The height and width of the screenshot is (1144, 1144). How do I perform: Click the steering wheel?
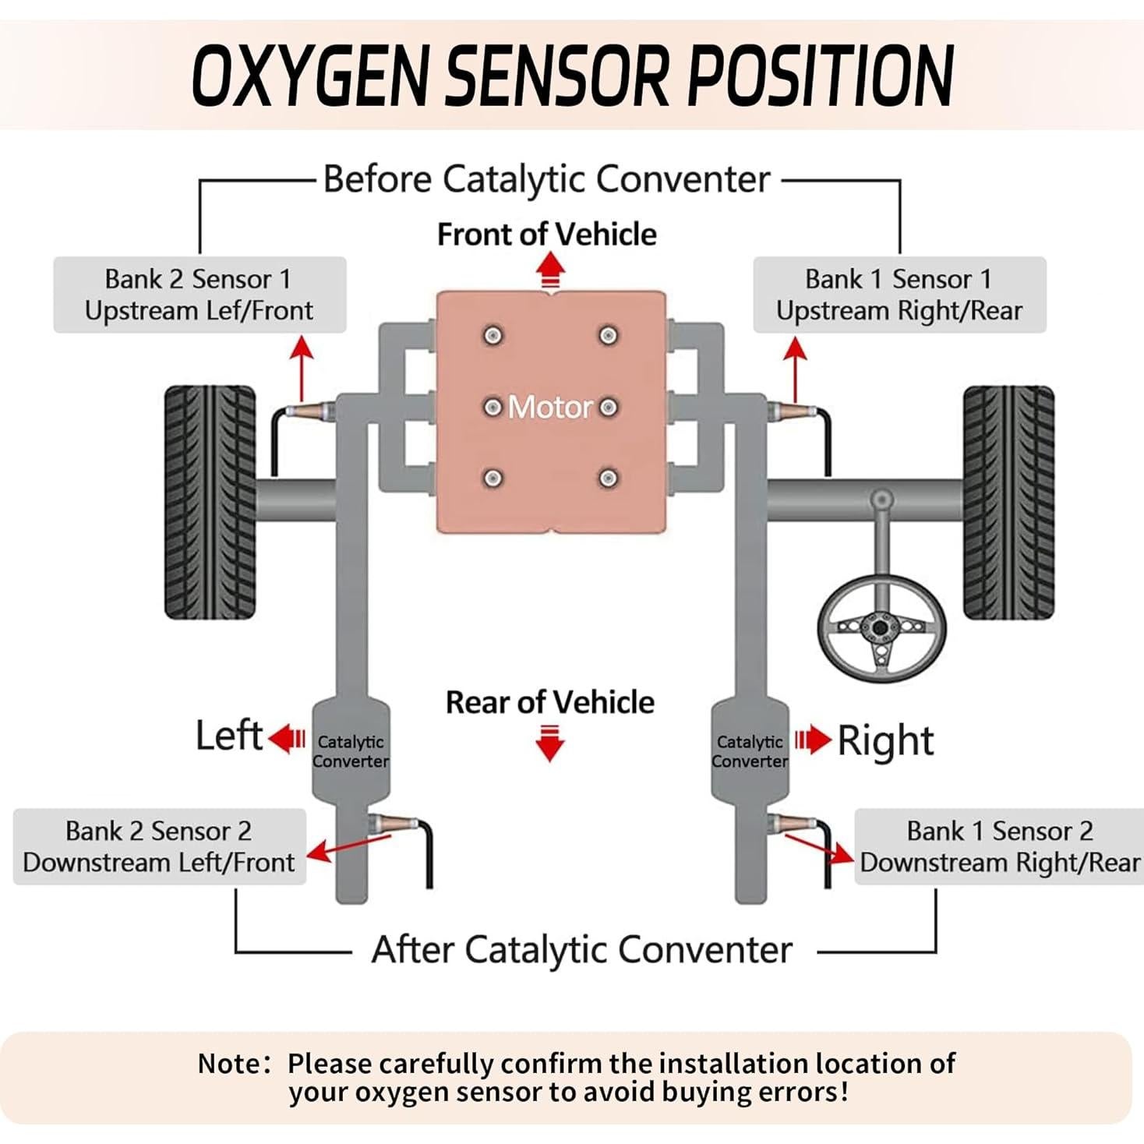point(881,627)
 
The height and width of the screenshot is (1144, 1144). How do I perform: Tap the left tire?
point(210,502)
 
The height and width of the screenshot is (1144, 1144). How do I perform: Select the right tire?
point(1008,502)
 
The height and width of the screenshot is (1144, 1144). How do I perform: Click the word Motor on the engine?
point(550,407)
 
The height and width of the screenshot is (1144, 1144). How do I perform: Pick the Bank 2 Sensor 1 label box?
point(199,295)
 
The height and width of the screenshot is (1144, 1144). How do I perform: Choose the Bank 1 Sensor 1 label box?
point(899,295)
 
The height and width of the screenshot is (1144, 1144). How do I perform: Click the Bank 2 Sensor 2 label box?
point(159,846)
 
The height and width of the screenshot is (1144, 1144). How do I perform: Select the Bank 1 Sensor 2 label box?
point(999,846)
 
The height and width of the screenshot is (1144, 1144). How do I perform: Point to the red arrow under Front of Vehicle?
point(550,273)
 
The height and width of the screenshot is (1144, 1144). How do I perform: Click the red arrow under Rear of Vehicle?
point(550,743)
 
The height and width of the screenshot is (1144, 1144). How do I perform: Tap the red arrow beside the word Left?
point(288,738)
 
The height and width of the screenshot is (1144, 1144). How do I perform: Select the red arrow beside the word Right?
point(812,740)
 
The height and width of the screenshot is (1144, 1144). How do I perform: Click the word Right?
point(885,740)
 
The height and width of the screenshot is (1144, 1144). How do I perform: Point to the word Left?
point(228,736)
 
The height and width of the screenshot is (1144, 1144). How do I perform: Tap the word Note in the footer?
point(231,1063)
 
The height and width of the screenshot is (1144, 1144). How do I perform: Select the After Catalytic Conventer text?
point(581,950)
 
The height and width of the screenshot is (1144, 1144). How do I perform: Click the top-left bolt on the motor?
point(493,336)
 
